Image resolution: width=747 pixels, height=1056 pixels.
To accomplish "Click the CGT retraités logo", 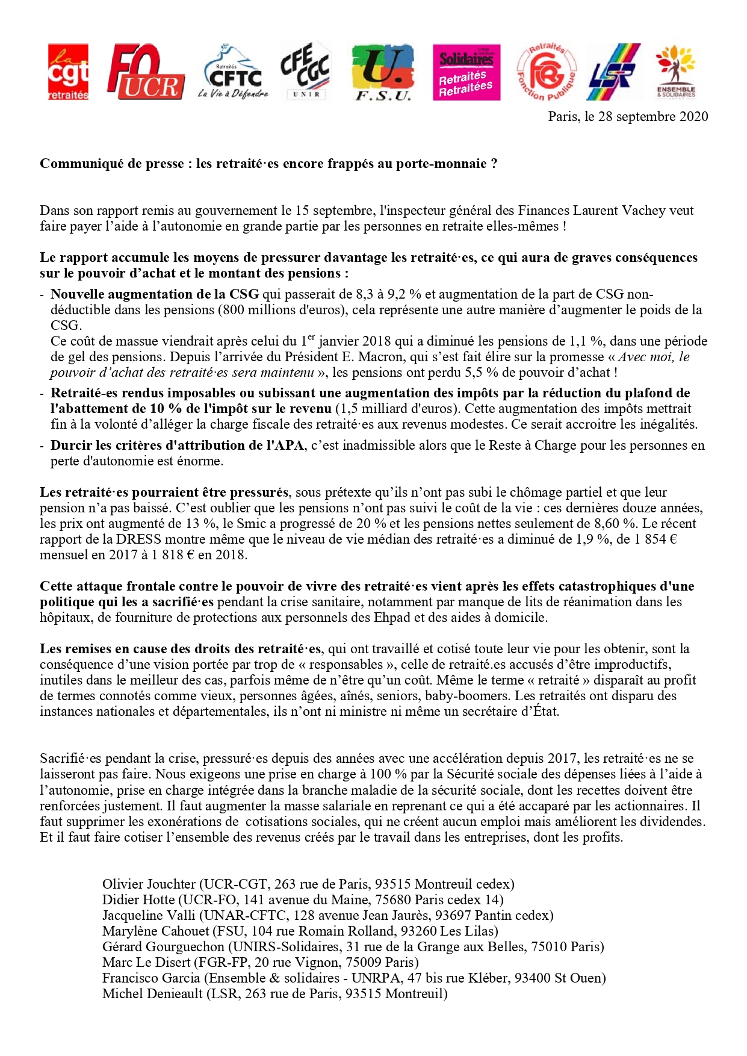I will point(68,72).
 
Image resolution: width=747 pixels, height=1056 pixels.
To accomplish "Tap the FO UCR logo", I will point(145,72).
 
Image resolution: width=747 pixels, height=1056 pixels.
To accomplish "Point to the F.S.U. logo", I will point(383,72).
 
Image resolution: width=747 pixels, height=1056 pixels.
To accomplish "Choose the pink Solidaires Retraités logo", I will point(466,72).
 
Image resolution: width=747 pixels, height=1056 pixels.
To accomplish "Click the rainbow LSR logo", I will point(613,72).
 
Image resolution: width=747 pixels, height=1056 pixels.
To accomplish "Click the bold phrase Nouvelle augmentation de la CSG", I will point(155,294).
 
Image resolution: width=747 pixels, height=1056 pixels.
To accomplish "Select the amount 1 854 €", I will point(655,539).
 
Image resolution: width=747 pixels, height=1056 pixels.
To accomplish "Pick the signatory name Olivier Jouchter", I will point(149,884).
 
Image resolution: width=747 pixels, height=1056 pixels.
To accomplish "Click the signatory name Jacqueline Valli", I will point(149,916).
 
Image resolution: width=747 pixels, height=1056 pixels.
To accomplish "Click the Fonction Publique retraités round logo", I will point(546,72).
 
